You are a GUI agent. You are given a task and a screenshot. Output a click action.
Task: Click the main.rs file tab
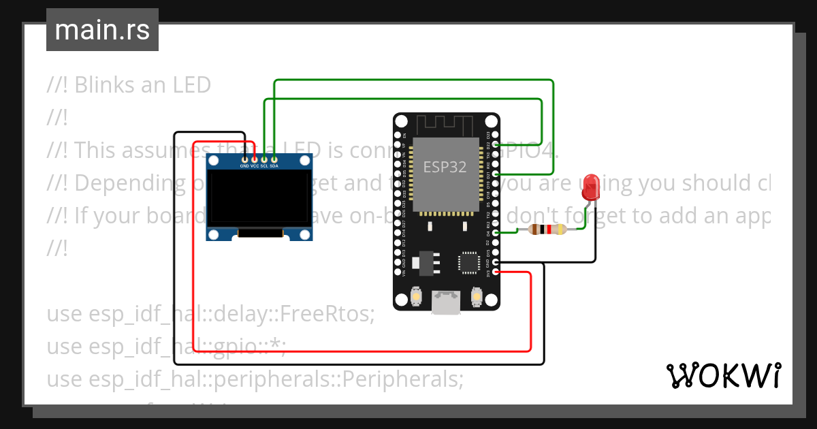(102, 30)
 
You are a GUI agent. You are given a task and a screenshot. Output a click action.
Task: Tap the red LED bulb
(591, 186)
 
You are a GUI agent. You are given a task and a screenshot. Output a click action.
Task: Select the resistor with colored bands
(547, 229)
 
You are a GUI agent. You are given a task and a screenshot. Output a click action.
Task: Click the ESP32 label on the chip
(445, 167)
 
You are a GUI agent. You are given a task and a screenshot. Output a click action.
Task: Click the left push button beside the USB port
(416, 297)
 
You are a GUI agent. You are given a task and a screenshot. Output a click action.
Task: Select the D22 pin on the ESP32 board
(496, 146)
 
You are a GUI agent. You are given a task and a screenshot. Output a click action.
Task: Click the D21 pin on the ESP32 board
(496, 175)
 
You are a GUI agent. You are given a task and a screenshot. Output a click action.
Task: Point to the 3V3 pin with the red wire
(496, 272)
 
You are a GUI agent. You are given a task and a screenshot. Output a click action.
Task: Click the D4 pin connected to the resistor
(496, 233)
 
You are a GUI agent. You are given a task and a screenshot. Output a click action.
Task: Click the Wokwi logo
(723, 375)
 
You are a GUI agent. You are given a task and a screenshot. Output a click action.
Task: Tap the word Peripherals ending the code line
(402, 379)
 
